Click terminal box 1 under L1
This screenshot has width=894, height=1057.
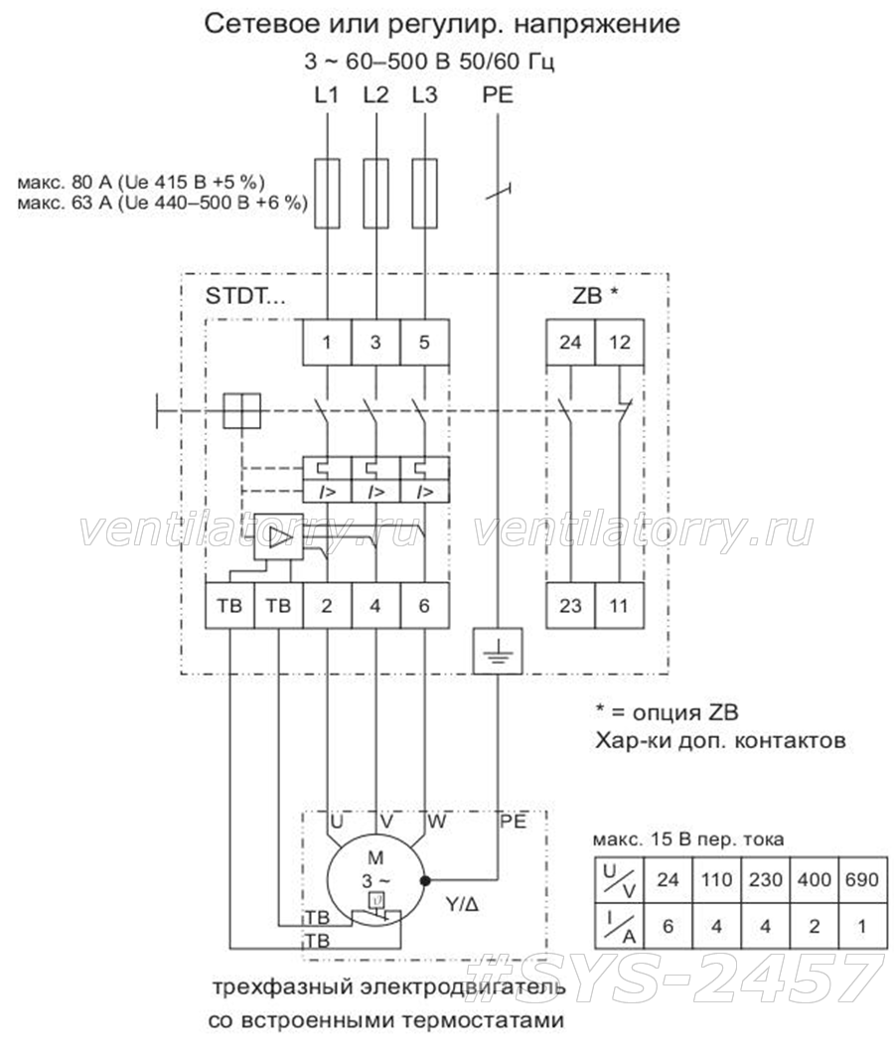coord(327,342)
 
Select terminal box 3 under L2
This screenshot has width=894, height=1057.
coord(375,342)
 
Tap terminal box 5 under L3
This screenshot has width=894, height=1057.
coord(425,342)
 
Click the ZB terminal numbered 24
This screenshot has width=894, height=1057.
coord(570,342)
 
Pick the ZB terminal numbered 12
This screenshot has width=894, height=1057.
coord(620,342)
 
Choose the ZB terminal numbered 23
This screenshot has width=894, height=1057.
coord(570,605)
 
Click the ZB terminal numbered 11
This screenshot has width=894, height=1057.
coord(620,605)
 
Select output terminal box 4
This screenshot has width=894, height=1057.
coord(375,605)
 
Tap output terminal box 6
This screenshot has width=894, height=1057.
coord(425,605)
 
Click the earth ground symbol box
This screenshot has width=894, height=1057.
coord(498,652)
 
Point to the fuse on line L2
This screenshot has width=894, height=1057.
coord(375,194)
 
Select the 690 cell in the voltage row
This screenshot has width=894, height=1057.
coord(861,879)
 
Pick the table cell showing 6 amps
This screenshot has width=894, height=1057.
coord(669,926)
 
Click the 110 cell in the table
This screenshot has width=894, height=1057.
coord(716,879)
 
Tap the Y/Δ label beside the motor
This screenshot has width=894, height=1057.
coord(463,905)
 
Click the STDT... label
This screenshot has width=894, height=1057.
coord(245,296)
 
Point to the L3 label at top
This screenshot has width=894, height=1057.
coord(425,95)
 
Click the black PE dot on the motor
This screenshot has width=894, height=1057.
coord(425,880)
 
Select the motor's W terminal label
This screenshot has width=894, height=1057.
coord(437,822)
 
